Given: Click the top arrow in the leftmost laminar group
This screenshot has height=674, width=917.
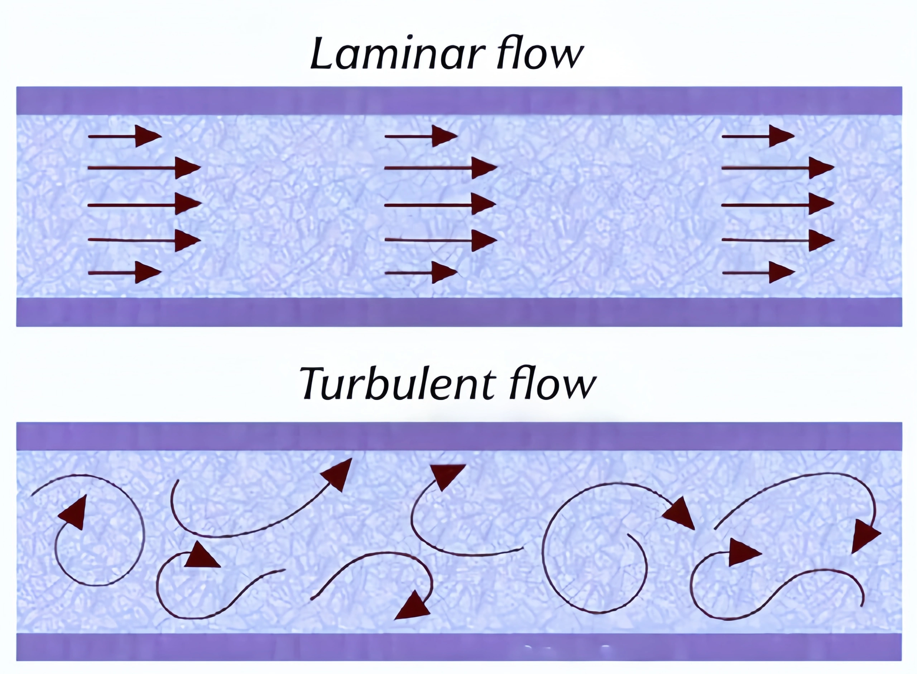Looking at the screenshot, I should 124,136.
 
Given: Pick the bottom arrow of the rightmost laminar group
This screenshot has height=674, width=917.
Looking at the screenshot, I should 758,272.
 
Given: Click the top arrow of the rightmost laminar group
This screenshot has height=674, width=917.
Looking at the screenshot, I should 758,136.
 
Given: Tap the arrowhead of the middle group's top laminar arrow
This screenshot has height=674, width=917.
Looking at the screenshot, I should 443,136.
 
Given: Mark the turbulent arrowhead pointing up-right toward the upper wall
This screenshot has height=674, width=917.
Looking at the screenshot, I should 338,473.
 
